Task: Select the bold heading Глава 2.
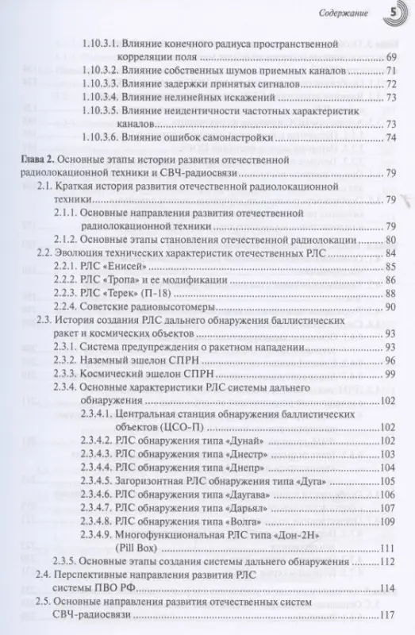coord(37,161)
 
